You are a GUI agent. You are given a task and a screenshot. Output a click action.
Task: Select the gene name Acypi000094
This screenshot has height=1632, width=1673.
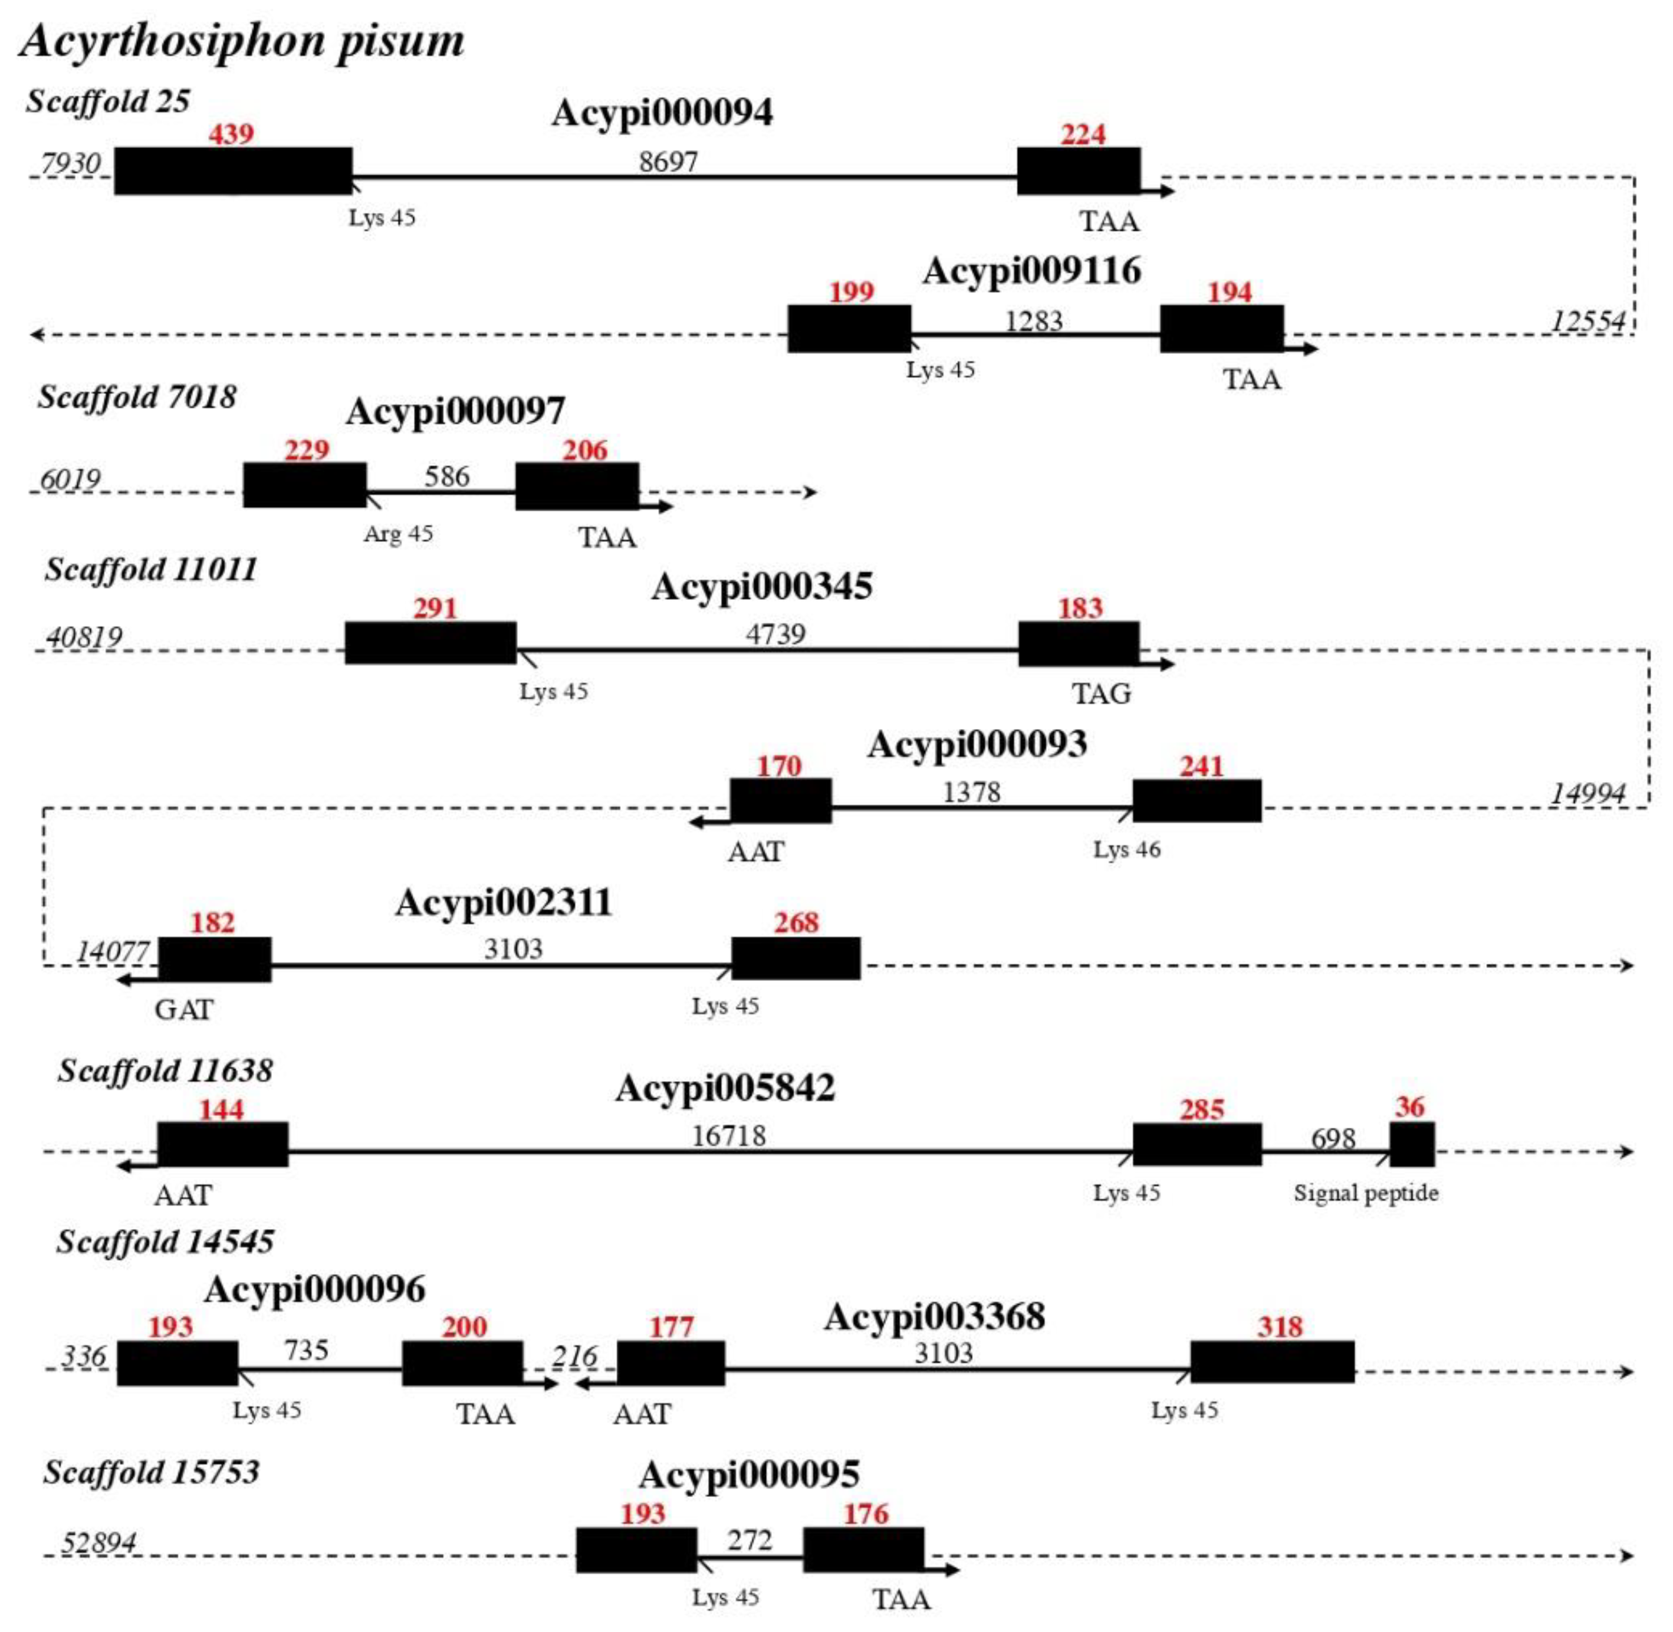pos(662,112)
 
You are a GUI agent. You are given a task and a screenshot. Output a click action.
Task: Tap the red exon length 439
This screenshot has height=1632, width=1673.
pos(231,134)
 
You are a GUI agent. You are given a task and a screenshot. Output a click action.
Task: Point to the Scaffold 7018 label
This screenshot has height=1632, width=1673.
pos(137,397)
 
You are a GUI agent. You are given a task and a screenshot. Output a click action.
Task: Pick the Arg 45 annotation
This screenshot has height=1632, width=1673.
pos(399,534)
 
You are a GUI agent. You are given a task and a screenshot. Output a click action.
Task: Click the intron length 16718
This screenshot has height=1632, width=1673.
pos(728,1136)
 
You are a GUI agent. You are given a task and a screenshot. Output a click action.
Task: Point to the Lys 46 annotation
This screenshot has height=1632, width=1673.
pos(1126,849)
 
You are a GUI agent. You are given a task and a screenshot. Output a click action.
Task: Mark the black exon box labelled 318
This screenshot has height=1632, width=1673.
pos(1272,1362)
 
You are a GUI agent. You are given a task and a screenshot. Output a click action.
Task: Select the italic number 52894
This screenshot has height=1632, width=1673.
pos(98,1543)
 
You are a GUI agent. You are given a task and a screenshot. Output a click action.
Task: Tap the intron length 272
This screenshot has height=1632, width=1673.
pos(750,1541)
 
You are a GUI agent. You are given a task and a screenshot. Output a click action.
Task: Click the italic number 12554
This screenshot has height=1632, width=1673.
pos(1587,321)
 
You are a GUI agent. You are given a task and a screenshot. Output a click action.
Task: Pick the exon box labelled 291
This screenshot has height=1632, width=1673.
pos(430,643)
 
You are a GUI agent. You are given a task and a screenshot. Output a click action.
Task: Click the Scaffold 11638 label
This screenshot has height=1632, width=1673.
pos(166,1071)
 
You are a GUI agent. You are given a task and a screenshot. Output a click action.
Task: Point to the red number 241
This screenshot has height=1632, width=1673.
pos(1201,766)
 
